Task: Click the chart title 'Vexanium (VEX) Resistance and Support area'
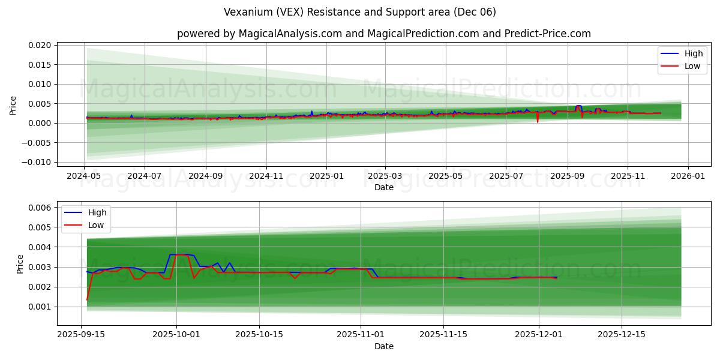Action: (360, 12)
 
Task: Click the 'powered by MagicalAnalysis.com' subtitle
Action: (384, 34)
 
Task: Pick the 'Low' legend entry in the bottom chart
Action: (95, 225)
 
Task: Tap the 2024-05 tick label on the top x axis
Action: (84, 176)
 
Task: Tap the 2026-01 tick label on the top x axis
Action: (688, 176)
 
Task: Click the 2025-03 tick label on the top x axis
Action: (385, 176)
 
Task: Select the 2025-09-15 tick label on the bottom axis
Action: (82, 335)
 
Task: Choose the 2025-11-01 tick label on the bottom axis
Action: (361, 335)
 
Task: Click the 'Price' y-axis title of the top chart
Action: (13, 105)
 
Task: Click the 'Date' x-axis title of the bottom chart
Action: (384, 346)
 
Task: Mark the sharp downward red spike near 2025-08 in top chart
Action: (538, 121)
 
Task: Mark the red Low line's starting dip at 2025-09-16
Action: (87, 299)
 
